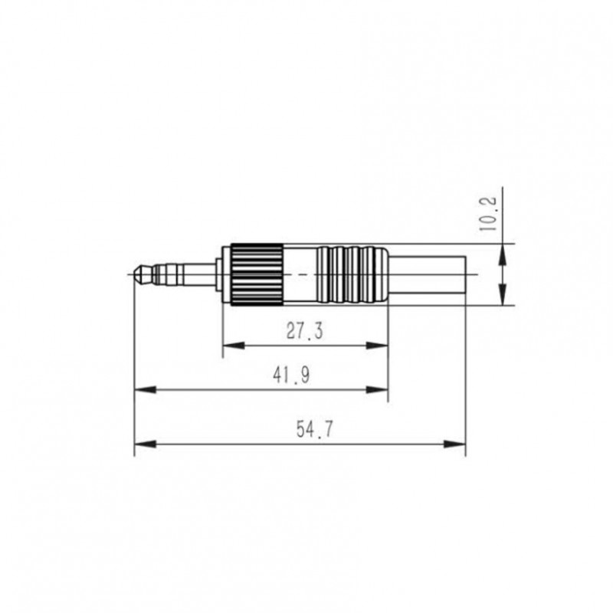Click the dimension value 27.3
click(305, 331)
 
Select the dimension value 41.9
click(290, 375)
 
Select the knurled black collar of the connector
click(255, 274)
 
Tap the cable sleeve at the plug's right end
click(429, 274)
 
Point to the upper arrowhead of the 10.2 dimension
click(502, 249)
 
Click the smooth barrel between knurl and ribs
click(300, 274)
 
